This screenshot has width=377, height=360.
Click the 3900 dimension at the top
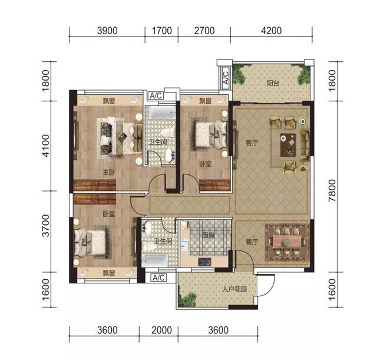[x=107, y=31]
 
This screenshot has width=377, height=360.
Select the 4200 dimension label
[x=271, y=31]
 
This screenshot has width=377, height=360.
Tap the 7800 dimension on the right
[x=332, y=190]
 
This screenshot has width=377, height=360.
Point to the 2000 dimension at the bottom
[x=161, y=330]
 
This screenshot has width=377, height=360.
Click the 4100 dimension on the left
[x=45, y=146]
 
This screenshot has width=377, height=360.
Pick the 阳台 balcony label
[x=273, y=83]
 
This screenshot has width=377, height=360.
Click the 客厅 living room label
[x=252, y=143]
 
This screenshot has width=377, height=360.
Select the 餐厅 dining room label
[x=252, y=242]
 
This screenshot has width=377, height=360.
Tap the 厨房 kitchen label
[x=208, y=236]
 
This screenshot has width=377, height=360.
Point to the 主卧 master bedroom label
[x=109, y=172]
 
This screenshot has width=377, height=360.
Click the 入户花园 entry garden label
[x=234, y=289]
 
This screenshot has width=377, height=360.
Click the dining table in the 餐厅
[x=287, y=242]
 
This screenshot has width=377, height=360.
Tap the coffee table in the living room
[x=288, y=145]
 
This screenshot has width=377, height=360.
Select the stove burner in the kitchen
[x=204, y=262]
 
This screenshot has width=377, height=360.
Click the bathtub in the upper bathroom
[x=163, y=113]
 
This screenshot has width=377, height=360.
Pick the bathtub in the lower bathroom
[x=154, y=260]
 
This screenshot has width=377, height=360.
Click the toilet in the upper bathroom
[x=167, y=133]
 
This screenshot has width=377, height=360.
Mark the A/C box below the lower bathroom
[x=158, y=278]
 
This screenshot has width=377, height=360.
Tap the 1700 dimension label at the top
[x=161, y=31]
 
